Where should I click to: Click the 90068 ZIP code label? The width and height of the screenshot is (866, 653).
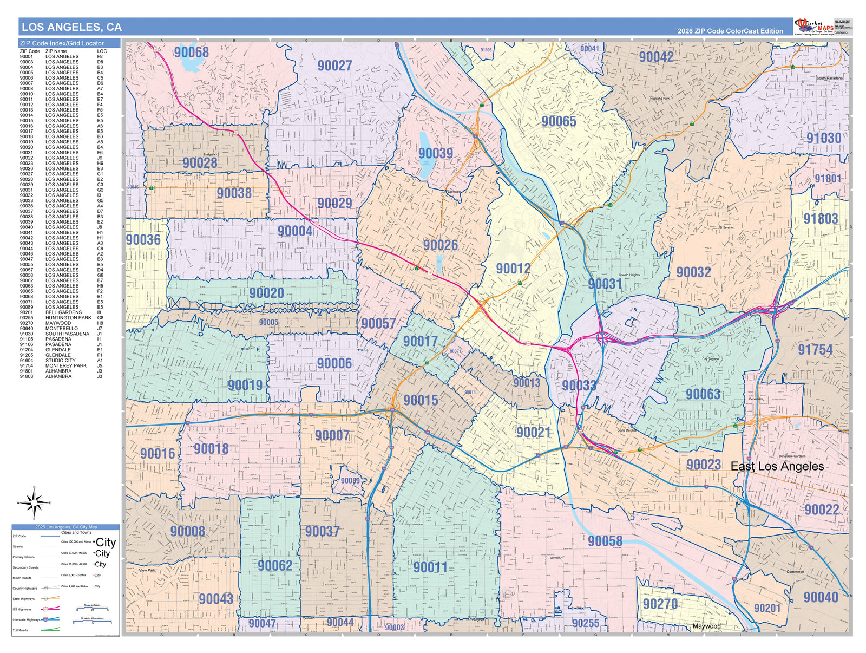191,52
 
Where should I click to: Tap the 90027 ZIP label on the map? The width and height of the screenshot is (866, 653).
334,66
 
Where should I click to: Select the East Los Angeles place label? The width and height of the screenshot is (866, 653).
777,466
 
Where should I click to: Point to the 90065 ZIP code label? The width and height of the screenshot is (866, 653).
559,121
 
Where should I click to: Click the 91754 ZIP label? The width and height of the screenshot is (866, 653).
815,350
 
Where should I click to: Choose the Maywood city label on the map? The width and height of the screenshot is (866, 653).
706,626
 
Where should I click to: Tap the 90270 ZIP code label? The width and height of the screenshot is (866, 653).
660,604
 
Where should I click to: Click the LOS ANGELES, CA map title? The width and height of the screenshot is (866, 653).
71,27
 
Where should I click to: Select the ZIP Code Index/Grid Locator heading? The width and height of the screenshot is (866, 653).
62,43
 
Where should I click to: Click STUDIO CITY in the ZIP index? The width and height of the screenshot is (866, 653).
60,361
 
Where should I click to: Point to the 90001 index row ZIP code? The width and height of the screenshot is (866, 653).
26,56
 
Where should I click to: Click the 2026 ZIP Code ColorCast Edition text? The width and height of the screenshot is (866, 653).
730,31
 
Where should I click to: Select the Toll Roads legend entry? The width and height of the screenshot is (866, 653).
20,630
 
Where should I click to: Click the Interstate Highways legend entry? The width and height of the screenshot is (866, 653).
27,619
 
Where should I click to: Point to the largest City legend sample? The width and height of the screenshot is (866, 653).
105,543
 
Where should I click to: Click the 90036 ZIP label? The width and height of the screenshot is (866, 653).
143,240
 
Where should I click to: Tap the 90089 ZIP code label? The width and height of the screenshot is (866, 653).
350,481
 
